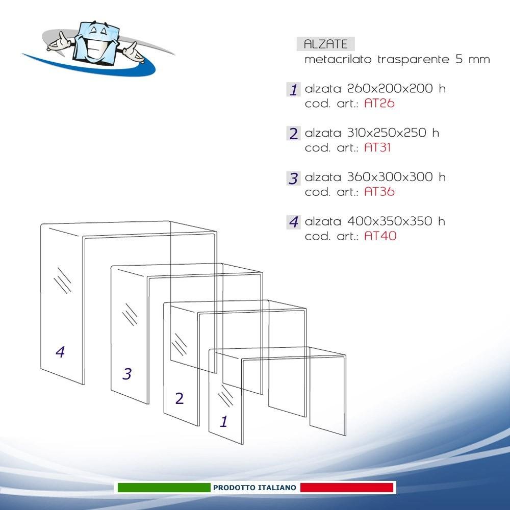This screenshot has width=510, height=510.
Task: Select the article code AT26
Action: tap(379, 104)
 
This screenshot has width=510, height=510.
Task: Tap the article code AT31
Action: tap(377, 148)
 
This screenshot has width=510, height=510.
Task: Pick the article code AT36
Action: tap(379, 192)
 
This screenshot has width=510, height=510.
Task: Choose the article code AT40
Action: tap(380, 237)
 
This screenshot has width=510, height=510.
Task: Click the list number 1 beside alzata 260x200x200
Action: tap(293, 90)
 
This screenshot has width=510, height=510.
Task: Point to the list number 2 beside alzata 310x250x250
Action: tap(293, 134)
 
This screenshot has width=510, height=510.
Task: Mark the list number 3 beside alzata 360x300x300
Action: tap(293, 178)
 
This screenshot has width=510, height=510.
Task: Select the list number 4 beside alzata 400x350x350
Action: tap(293, 222)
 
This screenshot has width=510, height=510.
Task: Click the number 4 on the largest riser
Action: tap(61, 352)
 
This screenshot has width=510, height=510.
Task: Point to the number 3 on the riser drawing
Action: tap(127, 374)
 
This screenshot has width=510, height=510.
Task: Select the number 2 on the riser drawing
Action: tap(179, 398)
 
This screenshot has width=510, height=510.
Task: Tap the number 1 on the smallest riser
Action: tap(223, 421)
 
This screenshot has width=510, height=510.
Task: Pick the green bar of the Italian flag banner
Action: tap(164, 488)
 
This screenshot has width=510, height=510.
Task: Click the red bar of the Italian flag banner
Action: tap(347, 488)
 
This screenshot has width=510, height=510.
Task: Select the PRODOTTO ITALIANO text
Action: tap(254, 488)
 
